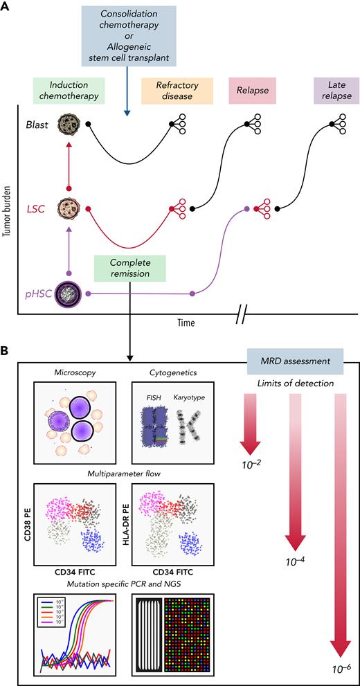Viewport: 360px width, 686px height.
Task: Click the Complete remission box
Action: tap(130, 268)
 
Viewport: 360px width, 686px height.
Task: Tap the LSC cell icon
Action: tap(69, 208)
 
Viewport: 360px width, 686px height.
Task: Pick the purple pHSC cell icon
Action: tap(69, 294)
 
